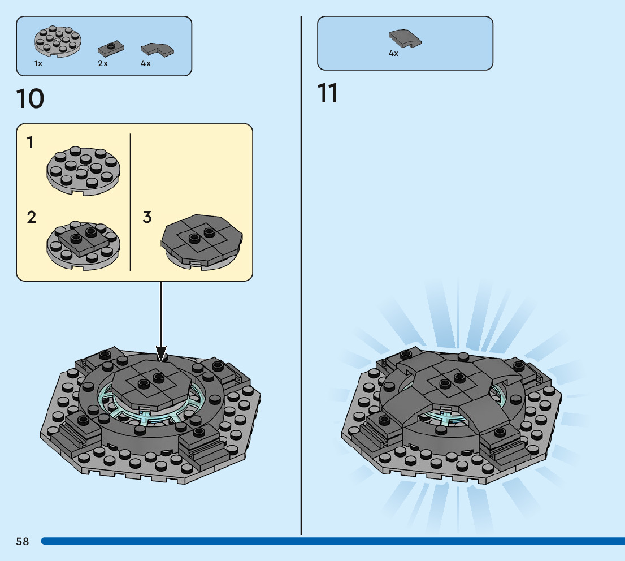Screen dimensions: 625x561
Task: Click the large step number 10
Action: tap(31, 99)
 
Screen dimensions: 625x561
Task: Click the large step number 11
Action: tap(328, 93)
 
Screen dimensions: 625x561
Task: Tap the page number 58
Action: tap(23, 541)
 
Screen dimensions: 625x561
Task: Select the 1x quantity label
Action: tap(38, 64)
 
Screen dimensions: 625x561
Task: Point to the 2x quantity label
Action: tap(103, 64)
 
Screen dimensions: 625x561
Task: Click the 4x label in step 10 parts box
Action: tap(146, 64)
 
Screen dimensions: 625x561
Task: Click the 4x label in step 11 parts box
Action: tap(393, 54)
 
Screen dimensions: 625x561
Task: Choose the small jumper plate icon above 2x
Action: tap(110, 48)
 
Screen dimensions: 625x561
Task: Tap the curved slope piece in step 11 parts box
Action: tap(405, 38)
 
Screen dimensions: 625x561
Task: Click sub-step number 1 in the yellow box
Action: tap(30, 143)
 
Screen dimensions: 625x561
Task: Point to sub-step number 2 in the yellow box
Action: tap(32, 217)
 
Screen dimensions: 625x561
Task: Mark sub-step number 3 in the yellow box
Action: tap(147, 217)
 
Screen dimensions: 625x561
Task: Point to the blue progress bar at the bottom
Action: tap(333, 541)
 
